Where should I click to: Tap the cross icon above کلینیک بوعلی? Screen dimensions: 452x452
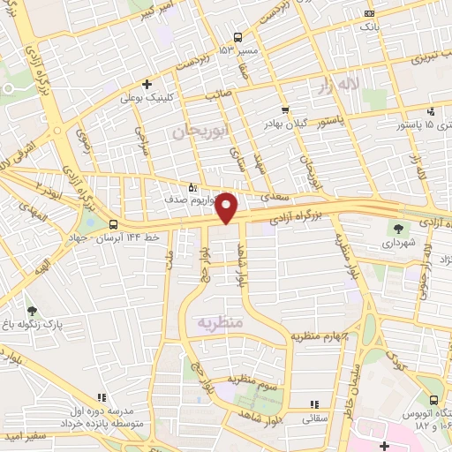click(x=147, y=84)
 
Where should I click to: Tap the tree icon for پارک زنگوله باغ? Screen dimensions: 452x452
click(x=33, y=311)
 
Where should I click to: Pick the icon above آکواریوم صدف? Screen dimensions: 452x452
click(x=193, y=187)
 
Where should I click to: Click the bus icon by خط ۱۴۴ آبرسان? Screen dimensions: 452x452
click(x=112, y=225)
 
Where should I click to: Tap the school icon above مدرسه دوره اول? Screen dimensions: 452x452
click(x=102, y=398)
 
